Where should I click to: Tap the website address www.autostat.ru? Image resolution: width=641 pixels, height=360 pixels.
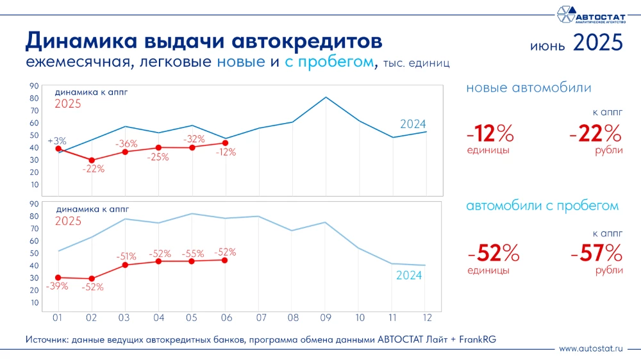[590, 348]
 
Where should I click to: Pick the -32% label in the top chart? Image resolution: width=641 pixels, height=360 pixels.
[194, 139]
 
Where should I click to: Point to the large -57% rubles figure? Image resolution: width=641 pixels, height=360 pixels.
[596, 253]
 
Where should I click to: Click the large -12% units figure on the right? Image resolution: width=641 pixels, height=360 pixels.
[490, 134]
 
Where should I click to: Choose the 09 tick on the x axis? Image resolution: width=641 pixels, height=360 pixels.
[326, 317]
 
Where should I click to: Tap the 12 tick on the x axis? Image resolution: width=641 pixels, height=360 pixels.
[426, 317]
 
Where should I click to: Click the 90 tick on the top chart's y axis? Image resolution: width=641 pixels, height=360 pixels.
[34, 86]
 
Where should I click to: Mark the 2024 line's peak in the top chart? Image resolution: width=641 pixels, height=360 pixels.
[326, 97]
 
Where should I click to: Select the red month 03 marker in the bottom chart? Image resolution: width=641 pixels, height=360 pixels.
[125, 265]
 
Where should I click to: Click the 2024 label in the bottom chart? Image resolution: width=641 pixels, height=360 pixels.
[409, 276]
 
